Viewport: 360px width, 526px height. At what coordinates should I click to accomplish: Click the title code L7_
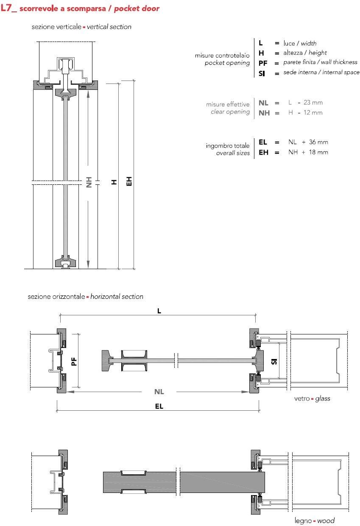[8, 8]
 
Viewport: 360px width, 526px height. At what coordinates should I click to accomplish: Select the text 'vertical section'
[109, 27]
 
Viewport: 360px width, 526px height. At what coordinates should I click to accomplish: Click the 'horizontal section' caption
[117, 297]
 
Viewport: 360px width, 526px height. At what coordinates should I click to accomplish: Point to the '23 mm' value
[313, 103]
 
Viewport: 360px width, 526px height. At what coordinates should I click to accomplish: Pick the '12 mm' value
[313, 113]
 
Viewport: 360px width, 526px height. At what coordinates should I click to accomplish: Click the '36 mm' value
[318, 142]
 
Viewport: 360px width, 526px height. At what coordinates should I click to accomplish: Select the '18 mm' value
[318, 152]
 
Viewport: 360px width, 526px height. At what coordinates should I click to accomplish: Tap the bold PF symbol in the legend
[262, 63]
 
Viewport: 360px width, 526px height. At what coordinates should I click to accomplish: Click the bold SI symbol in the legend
[262, 73]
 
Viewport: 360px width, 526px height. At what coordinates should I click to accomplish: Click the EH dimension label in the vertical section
[129, 181]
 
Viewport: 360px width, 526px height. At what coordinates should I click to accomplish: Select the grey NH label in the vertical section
[89, 182]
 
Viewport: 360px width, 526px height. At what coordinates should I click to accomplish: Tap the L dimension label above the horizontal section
[159, 311]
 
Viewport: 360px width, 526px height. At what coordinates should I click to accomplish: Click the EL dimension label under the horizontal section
[159, 406]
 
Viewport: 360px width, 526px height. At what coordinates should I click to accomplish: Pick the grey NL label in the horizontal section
[159, 392]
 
